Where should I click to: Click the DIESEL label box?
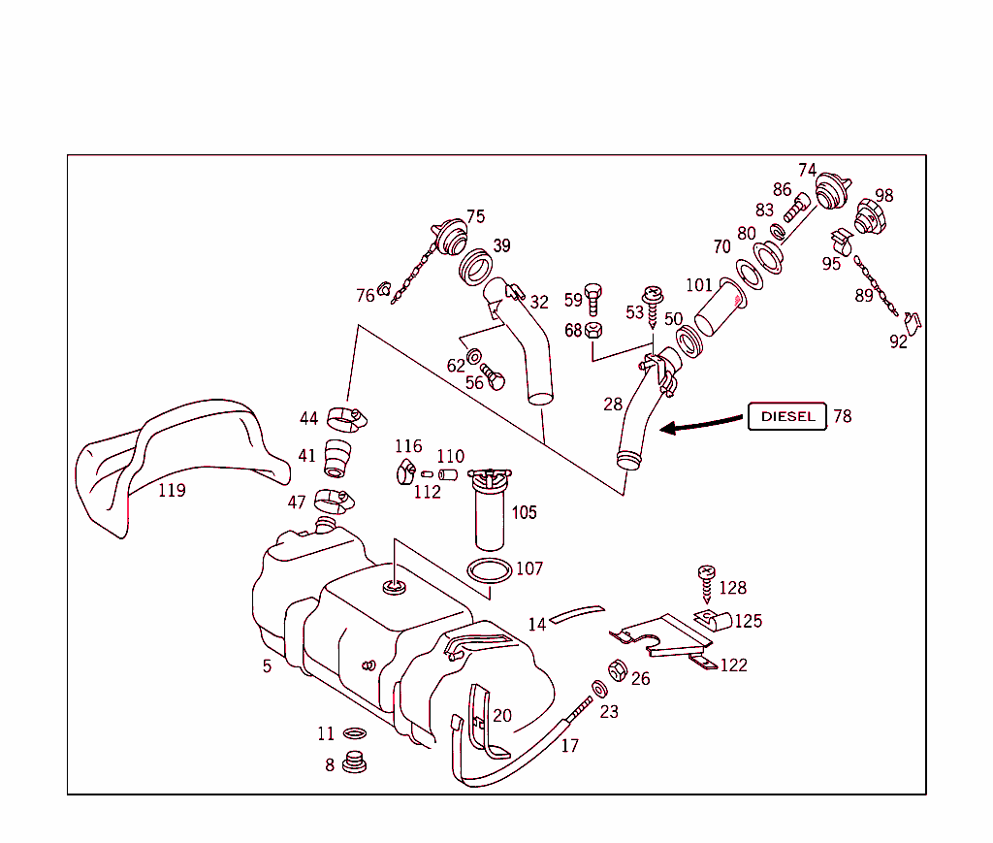coord(787,416)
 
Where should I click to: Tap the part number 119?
coord(172,490)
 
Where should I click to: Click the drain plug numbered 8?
coord(355,763)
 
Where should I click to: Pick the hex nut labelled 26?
coord(615,669)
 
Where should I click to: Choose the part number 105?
coord(524,512)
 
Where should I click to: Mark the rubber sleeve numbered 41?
coord(336,458)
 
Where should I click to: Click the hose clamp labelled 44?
coord(344,418)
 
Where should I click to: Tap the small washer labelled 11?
coord(355,733)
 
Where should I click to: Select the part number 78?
coord(842,416)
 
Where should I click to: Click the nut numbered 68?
coord(595,330)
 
